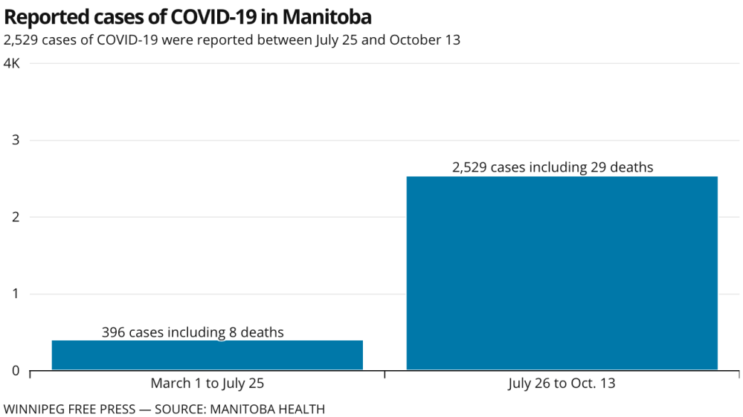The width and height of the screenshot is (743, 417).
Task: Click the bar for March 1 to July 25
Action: tap(207, 355)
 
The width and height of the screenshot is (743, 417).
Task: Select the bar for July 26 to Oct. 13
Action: tap(562, 273)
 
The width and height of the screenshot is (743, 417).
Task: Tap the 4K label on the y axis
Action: tap(12, 64)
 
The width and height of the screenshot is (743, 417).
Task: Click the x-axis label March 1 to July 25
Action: tap(207, 384)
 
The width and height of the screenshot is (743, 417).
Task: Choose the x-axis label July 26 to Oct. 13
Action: tap(562, 384)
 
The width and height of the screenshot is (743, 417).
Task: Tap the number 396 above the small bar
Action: tap(113, 332)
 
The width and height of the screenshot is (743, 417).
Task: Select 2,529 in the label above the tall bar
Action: tap(469, 167)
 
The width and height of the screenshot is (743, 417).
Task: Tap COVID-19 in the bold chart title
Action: tap(221, 16)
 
